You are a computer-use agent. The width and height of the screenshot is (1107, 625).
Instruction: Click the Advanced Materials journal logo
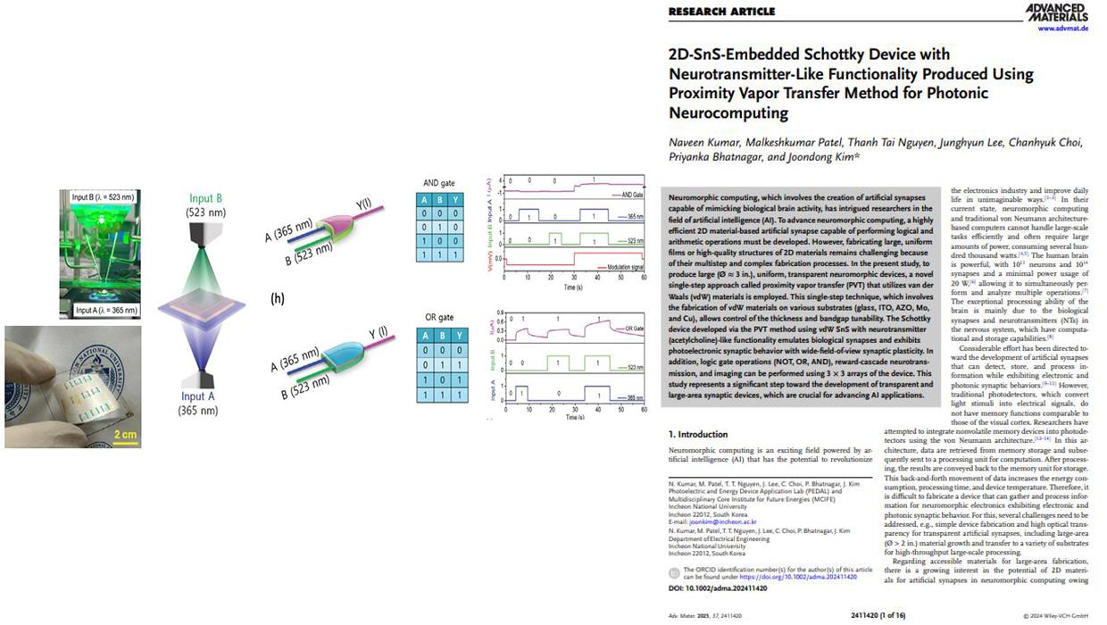(x=1058, y=12)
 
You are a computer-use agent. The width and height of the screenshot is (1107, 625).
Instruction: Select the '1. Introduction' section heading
(x=703, y=434)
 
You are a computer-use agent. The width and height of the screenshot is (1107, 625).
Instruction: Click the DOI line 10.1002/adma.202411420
(x=719, y=589)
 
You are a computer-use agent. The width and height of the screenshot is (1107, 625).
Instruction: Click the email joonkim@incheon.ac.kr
(x=720, y=521)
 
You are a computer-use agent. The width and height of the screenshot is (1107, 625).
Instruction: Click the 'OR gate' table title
(x=440, y=317)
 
